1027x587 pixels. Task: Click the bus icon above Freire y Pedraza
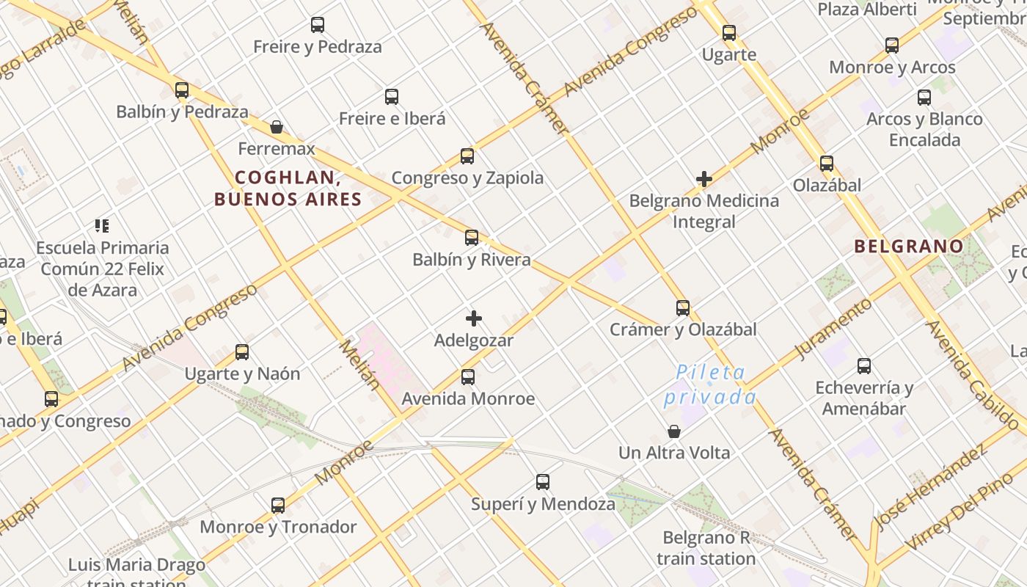tap(318, 25)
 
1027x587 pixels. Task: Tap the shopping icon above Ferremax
tap(277, 127)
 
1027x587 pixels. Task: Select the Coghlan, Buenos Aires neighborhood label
tap(288, 188)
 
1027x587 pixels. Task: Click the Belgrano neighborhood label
tap(908, 247)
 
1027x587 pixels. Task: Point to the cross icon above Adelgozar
tap(474, 318)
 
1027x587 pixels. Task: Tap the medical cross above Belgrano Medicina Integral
tap(704, 178)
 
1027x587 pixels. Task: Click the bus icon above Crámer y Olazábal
tap(683, 308)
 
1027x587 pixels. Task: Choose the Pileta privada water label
tap(709, 384)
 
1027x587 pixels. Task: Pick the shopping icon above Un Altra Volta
tap(674, 431)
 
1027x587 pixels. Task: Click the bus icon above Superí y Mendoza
tap(543, 482)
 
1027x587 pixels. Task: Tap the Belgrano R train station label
tap(706, 548)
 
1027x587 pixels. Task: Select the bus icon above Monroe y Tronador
tap(278, 505)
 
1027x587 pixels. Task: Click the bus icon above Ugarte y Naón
tap(242, 352)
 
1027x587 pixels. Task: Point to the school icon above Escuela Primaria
tap(103, 226)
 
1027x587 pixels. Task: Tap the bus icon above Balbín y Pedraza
tap(182, 90)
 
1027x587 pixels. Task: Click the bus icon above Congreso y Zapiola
tap(467, 156)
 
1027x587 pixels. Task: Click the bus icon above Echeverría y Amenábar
tap(864, 365)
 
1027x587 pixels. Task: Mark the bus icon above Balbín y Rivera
tap(472, 238)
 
